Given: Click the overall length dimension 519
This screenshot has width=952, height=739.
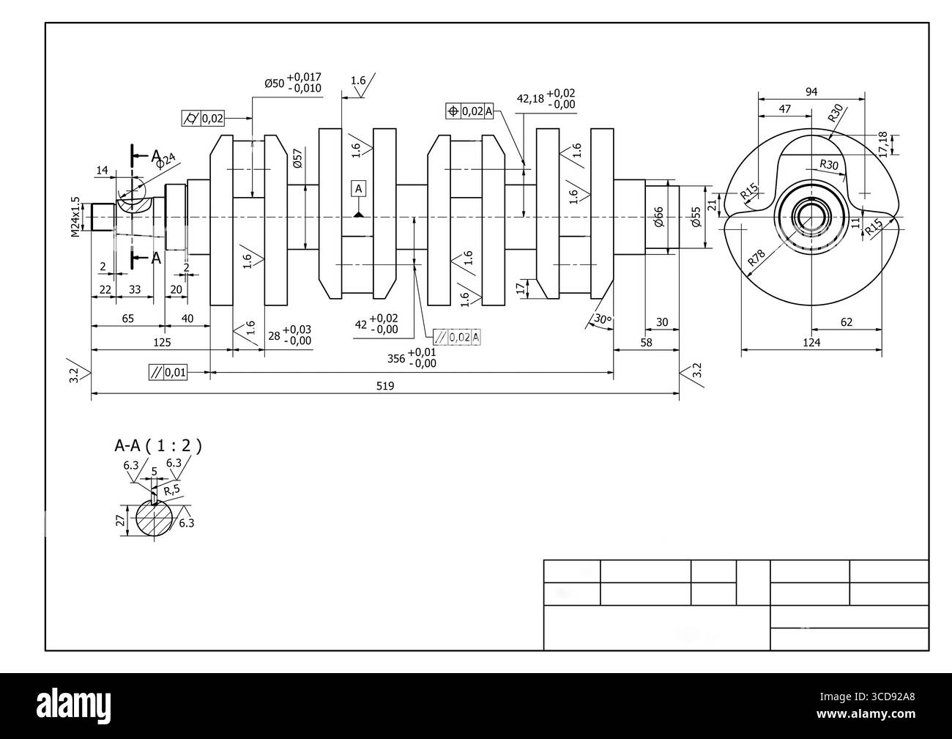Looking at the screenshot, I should [385, 386].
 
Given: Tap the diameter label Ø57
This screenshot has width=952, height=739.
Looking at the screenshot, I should [297, 160].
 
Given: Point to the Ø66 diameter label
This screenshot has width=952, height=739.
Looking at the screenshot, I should [658, 217].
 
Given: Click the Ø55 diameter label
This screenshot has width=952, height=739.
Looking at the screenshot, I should [696, 217].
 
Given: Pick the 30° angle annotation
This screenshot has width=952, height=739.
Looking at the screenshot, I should [601, 319].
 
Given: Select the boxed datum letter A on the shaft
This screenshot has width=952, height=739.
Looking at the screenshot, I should [358, 189].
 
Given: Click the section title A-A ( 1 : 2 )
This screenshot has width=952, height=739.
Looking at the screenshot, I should [157, 445].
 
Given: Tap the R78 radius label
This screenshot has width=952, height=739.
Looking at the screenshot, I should [756, 258].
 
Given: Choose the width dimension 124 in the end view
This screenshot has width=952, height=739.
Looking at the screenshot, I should [811, 342].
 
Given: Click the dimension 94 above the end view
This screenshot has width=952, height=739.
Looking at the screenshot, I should [811, 92].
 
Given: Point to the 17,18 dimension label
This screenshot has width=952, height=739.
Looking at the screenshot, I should [883, 144].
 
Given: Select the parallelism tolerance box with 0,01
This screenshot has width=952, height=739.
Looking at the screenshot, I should [168, 373].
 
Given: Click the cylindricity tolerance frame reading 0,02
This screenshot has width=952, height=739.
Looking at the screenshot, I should [203, 117].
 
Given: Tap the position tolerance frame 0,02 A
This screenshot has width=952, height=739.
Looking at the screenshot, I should [470, 111].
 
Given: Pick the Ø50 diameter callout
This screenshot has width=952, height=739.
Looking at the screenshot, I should [292, 83].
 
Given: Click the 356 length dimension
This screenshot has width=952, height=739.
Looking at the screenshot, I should [411, 357].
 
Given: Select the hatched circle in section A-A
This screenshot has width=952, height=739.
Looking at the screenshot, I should [154, 519].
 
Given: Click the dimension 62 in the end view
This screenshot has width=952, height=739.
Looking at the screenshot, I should [847, 322].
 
